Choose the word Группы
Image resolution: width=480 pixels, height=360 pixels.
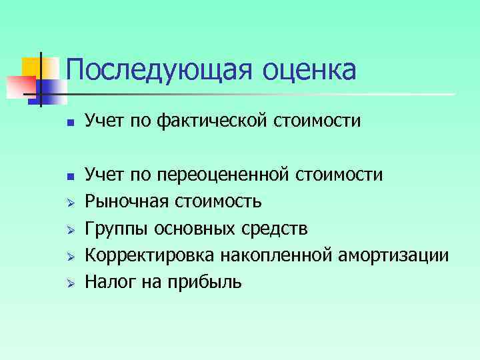click(117, 229)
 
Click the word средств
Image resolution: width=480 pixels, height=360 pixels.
click(275, 229)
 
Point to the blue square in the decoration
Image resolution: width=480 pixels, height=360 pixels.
click(53, 91)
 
